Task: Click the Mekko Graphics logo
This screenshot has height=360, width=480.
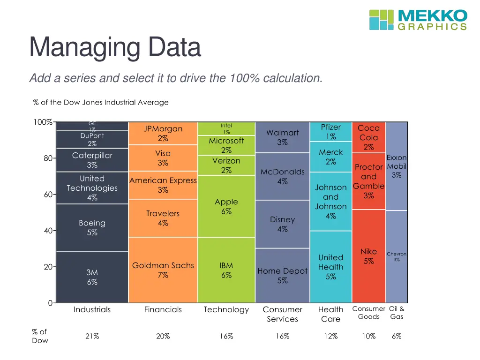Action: point(418,20)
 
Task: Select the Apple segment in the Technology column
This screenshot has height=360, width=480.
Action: point(226,206)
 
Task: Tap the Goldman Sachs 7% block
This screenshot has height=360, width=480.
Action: point(163,270)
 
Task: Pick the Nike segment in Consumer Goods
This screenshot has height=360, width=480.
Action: point(368,256)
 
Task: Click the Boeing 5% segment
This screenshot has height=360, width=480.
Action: point(92,227)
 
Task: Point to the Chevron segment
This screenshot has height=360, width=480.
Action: point(397,256)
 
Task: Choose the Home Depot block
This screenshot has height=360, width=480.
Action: point(282,276)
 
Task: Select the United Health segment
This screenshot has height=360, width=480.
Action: point(330,267)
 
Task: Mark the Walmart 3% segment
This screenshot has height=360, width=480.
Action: point(282,137)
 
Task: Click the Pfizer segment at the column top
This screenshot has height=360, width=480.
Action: point(330,132)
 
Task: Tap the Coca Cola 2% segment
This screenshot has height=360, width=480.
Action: point(368,137)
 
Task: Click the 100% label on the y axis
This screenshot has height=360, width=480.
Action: point(42,122)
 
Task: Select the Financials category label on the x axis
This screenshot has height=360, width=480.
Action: point(163,309)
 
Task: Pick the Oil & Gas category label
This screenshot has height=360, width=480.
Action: point(397,313)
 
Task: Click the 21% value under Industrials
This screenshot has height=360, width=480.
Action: point(92,336)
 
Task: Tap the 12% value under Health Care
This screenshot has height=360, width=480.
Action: point(330,336)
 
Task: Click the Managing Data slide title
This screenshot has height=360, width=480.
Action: point(115,48)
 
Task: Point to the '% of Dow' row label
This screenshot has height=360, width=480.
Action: point(40,336)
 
